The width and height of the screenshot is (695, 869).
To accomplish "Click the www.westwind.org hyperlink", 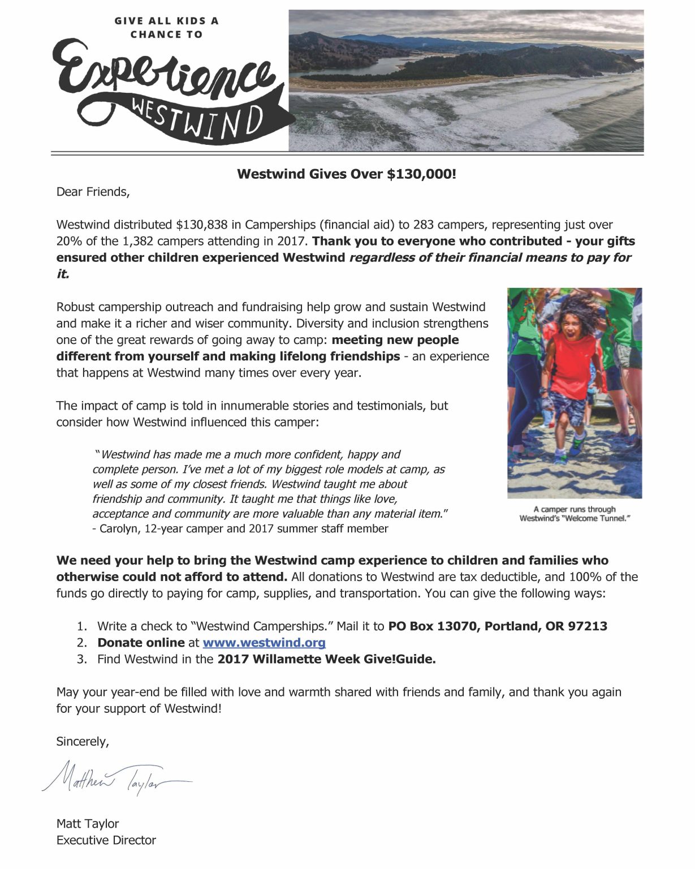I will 264,643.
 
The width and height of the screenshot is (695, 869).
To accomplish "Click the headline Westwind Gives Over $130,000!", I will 346,174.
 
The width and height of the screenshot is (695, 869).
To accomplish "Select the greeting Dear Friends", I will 93,192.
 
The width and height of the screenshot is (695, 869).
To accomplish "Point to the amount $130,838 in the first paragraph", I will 202,225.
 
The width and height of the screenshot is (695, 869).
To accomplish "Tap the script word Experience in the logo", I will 164,76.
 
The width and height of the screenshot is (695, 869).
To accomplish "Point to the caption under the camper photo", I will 574,514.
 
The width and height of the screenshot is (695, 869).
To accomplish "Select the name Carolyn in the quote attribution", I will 119,529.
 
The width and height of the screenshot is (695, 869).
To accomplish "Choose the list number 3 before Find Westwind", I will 82,659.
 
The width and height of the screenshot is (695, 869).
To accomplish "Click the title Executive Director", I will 106,840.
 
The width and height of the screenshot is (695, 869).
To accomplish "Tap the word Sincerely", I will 83,742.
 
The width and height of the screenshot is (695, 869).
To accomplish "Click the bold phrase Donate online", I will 141,643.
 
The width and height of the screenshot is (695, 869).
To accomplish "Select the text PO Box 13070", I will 432,626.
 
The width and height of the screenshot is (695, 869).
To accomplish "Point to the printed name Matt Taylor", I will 88,824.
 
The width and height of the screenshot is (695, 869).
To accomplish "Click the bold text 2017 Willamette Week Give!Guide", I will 326,659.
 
